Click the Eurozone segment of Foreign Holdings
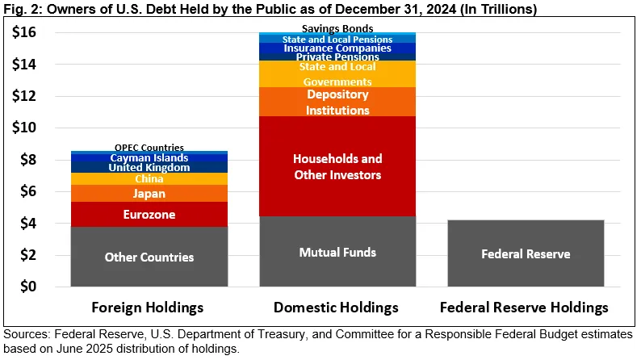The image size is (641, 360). coord(149,215)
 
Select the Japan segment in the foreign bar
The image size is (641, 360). coord(149,194)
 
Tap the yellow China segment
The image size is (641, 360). coord(149,179)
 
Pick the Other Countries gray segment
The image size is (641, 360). coord(149,257)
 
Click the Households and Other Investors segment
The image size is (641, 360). coord(337,166)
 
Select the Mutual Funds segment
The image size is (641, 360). coord(337,252)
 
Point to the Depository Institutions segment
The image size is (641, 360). coord(337,102)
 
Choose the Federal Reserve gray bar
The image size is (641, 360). coord(526,253)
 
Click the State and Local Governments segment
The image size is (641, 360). coord(337,73)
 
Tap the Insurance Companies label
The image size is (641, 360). coord(337,48)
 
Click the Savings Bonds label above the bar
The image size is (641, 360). coord(337,29)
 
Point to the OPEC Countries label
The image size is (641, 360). coord(149,147)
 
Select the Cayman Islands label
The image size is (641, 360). coord(149,157)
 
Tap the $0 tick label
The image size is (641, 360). coord(28,287)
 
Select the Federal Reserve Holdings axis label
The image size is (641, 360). coord(526,308)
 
